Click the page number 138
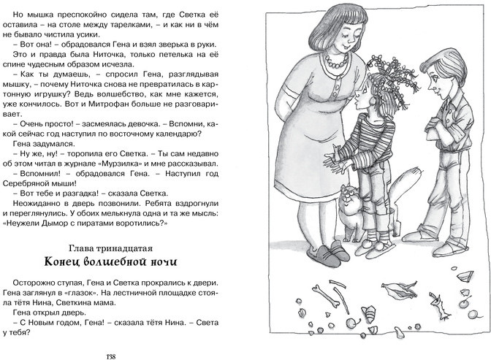tap(111, 356)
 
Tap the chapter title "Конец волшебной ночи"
tap(110, 261)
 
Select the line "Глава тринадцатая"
tap(110, 248)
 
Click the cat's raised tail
tap(402, 188)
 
